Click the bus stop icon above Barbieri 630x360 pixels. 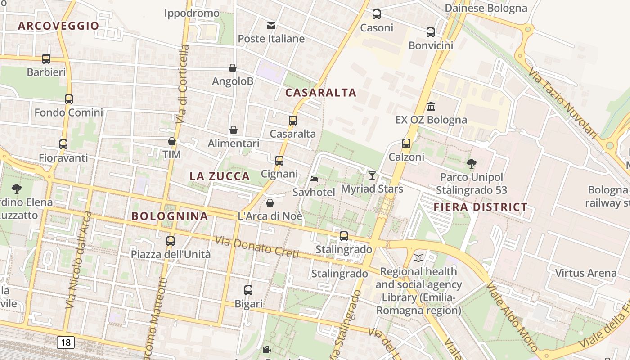click(x=46, y=58)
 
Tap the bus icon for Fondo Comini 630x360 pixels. click(x=69, y=99)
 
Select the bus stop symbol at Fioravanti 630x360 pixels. click(x=63, y=144)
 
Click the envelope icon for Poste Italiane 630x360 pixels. click(x=271, y=25)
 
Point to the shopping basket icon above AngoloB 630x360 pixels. click(x=233, y=68)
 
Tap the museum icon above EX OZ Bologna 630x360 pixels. click(x=431, y=106)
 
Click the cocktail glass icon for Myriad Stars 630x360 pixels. click(x=372, y=175)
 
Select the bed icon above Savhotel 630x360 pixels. click(x=314, y=179)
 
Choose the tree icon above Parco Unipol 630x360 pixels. click(x=472, y=163)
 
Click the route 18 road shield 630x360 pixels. click(x=66, y=342)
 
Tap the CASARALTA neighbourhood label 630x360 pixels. click(x=321, y=93)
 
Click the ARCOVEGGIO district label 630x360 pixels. click(x=58, y=26)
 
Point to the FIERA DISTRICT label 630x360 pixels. click(x=481, y=207)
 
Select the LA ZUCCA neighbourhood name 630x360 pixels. click(x=220, y=176)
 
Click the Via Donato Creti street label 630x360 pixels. click(x=257, y=247)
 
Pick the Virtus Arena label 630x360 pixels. click(x=586, y=273)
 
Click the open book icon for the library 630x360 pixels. click(x=418, y=258)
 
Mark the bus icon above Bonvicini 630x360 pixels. click(x=431, y=32)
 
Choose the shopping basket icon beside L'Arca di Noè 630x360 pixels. click(x=270, y=202)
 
